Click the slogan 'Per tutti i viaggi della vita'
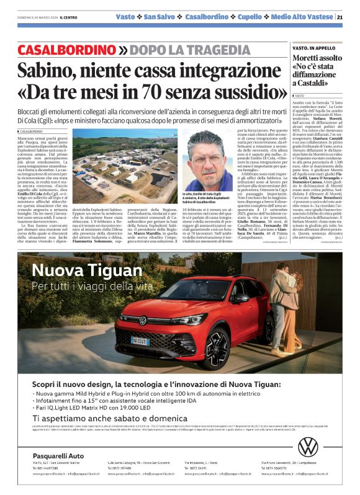92,286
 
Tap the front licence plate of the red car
140,340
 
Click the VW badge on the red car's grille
143,320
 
